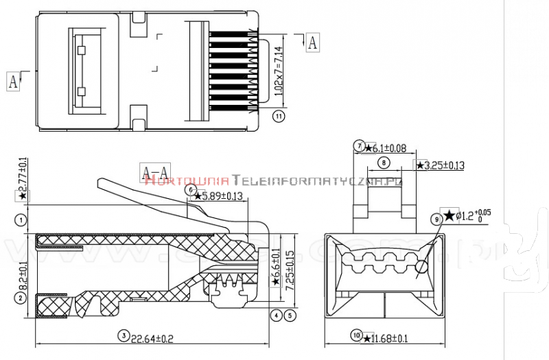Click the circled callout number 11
[279, 117]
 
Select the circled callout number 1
[22, 220]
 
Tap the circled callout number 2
[22, 298]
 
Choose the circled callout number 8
[383, 163]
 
